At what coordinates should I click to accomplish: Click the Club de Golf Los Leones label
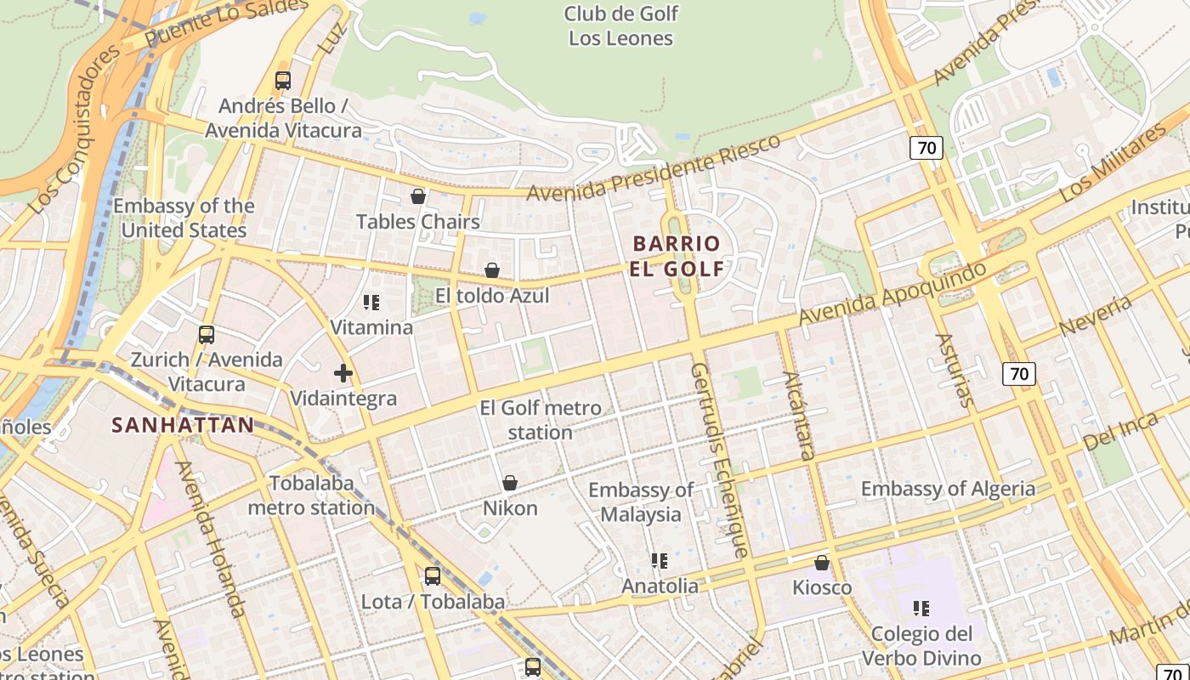point(620,26)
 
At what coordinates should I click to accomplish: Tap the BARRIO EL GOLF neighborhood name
point(677,257)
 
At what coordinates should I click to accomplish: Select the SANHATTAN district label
point(183,425)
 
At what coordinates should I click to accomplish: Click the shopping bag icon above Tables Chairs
point(418,197)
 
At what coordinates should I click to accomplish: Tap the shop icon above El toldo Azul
point(492,271)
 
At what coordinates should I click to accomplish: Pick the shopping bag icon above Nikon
point(510,484)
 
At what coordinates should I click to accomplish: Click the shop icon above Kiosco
point(822,564)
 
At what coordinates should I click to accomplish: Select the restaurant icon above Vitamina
point(371,303)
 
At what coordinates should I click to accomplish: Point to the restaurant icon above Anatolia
point(660,561)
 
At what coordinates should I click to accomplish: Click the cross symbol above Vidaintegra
point(343,373)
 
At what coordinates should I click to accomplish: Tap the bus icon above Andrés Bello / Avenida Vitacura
point(283,81)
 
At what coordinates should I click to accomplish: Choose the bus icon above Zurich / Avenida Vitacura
point(207,335)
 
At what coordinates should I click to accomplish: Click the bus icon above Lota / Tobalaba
point(433,576)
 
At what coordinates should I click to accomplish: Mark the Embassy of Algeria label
point(948,489)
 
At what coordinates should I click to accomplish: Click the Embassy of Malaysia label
point(641,501)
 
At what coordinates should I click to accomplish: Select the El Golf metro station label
point(541,420)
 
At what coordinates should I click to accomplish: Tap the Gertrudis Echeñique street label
point(719,460)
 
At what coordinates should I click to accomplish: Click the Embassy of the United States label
point(184,218)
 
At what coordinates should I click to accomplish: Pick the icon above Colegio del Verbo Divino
point(921,609)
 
